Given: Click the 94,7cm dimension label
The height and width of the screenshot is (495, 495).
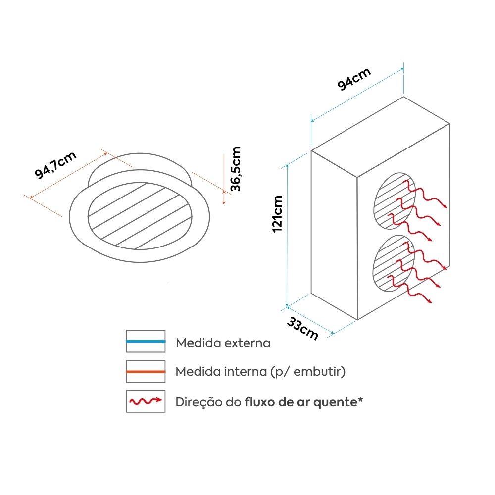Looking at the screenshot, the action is (55, 165).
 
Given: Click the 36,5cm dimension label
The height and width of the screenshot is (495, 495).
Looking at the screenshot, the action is (236, 169).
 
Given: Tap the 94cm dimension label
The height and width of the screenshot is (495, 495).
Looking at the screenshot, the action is (354, 79).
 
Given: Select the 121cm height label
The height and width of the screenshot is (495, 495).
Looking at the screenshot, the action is (277, 214).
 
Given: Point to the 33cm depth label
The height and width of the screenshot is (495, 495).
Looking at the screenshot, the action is (302, 328).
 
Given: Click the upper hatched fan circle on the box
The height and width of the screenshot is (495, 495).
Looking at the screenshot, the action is (395, 201).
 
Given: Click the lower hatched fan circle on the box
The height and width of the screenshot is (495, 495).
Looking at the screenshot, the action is (394, 263).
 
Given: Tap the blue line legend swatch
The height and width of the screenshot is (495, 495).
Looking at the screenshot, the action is (146, 341).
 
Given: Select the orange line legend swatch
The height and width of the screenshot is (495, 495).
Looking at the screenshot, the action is (146, 372).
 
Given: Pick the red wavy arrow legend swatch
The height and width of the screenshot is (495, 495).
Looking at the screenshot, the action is (146, 401).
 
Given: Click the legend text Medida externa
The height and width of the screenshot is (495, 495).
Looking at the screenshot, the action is (223, 343).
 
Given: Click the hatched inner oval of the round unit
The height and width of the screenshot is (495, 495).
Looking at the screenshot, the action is (140, 216).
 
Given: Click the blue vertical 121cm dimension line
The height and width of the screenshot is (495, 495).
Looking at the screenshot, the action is (287, 236).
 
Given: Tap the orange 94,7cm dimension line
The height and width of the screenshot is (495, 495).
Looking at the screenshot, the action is (68, 176).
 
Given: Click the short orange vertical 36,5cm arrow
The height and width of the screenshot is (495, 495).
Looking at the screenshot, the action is (224, 197).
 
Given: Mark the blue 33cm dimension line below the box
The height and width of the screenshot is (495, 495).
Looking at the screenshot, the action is (310, 320).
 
